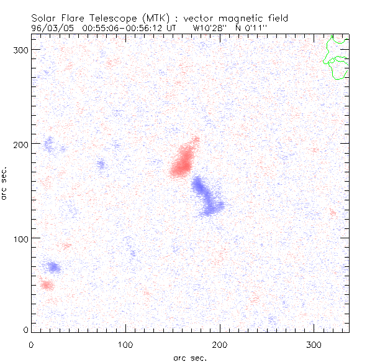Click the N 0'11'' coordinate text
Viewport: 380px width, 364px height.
coord(253,28)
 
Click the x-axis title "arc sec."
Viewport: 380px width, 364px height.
coord(190,357)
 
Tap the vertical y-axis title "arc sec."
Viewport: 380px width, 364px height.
coord(4,183)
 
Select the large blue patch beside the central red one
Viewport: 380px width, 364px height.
coord(207,195)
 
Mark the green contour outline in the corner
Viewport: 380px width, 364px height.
coord(337,58)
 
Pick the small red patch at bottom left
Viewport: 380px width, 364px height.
coord(47,285)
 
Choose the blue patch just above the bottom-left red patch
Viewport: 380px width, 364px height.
coord(54,268)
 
